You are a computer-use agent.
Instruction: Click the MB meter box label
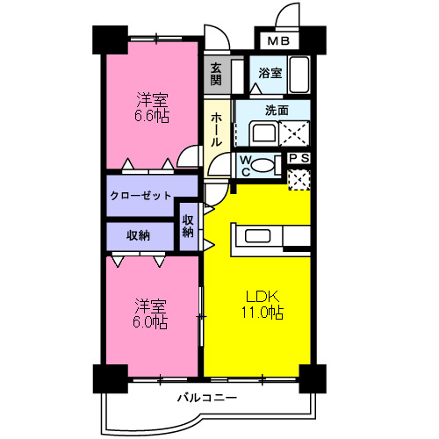point(278,41)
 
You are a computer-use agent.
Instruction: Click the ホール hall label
point(216,131)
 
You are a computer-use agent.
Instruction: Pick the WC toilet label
point(247,166)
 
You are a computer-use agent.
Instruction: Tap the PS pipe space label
point(299,159)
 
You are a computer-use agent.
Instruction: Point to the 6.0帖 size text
point(151,321)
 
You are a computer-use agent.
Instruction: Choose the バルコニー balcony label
point(206,398)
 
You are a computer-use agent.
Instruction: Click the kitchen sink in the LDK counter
point(259,235)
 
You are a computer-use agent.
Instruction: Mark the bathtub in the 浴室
point(299,74)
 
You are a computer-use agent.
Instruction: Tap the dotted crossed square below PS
point(299,179)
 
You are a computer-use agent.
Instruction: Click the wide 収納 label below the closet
point(137,235)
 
